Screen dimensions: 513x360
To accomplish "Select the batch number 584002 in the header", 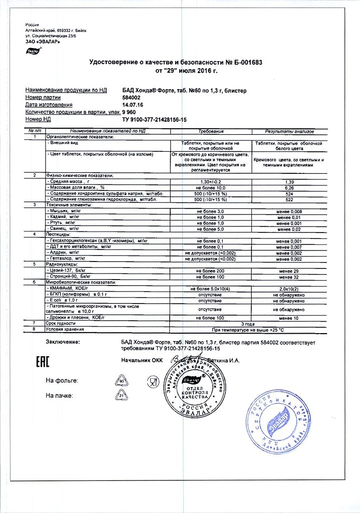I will point(132,97).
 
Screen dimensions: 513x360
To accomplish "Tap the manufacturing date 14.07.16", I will point(133,105).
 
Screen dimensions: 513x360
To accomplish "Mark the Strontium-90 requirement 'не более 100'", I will point(210,277).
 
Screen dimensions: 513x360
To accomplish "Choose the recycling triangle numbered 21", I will point(121,396).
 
